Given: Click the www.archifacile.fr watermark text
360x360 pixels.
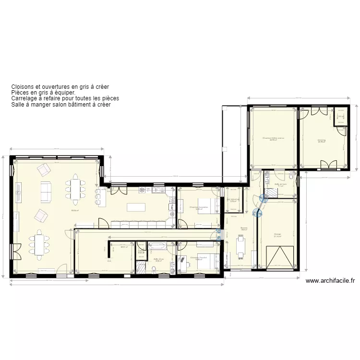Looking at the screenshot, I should click(330, 281).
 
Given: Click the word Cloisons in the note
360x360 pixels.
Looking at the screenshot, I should click(22, 87).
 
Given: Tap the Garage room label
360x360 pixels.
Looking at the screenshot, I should click(278, 234).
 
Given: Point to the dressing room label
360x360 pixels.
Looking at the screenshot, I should click(321, 140).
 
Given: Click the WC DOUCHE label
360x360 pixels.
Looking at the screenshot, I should click(234, 199).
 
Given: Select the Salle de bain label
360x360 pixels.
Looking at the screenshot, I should click(280, 184).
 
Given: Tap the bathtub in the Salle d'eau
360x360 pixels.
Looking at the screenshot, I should click(157, 246).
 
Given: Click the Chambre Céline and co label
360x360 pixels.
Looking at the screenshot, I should click(273, 138).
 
